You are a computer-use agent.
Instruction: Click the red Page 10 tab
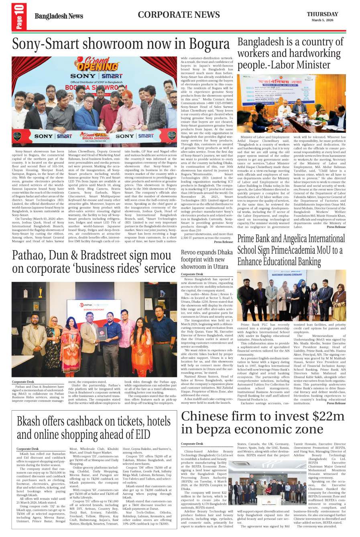pyautogui.click(x=20, y=17)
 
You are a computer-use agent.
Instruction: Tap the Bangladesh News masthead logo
pyautogui.click(x=59, y=16)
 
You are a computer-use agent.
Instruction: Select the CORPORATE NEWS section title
pyautogui.click(x=179, y=15)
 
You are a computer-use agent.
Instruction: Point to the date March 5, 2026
pyautogui.click(x=322, y=20)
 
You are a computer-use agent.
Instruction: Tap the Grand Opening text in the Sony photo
pyautogui.click(x=93, y=65)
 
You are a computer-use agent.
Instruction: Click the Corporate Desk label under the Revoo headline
pyautogui.click(x=192, y=274)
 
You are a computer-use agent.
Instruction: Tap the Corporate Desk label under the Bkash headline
pyautogui.click(x=27, y=449)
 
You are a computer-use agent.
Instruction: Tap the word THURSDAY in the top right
pyautogui.click(x=322, y=14)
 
